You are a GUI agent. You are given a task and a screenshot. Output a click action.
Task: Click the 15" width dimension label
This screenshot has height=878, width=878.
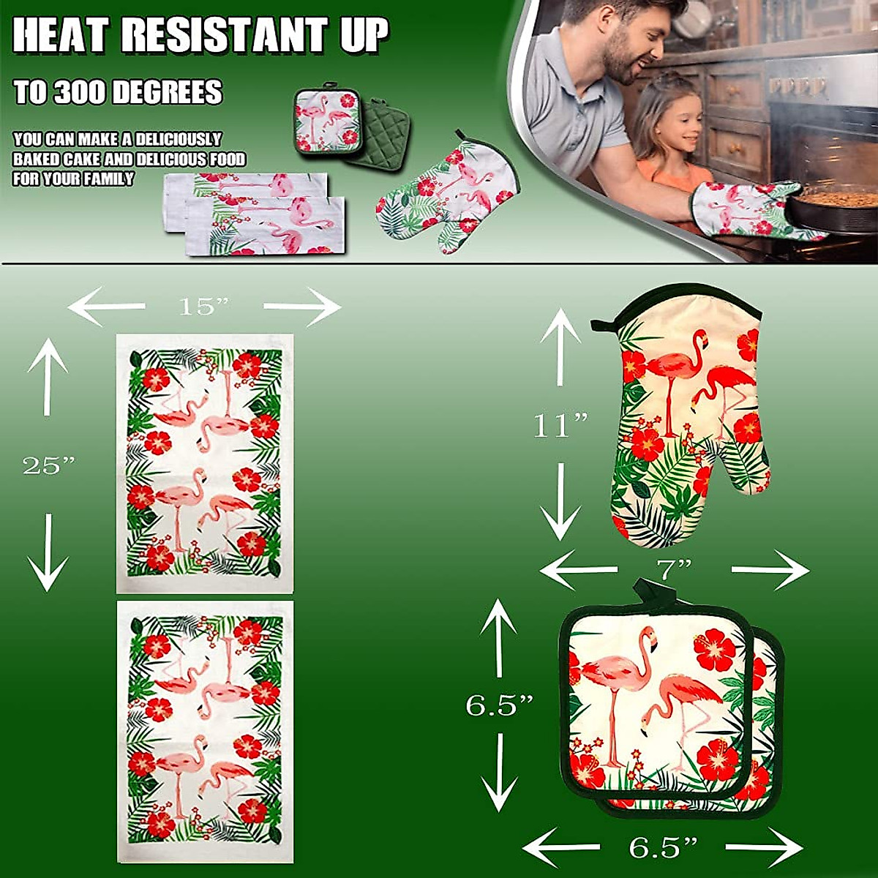pos(203,307)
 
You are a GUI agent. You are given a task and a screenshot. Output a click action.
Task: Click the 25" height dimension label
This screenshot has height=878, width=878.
pos(48,465)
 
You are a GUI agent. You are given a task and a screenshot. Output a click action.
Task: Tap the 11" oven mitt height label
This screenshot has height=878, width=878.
pos(560,424)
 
